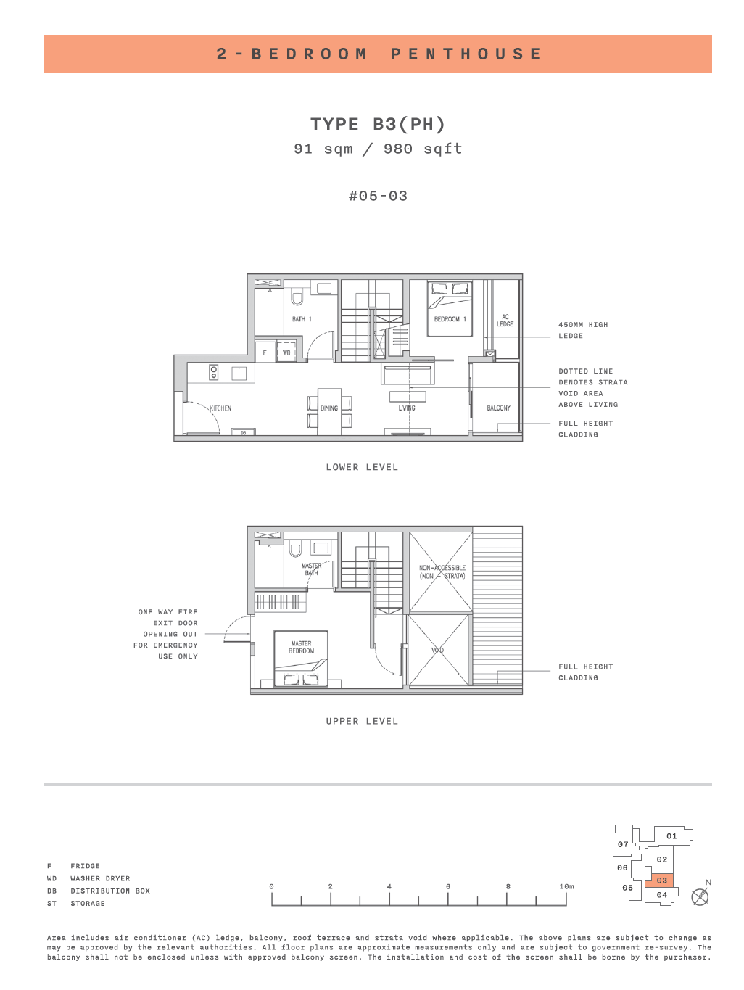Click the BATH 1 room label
pyautogui.click(x=302, y=319)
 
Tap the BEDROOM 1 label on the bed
pyautogui.click(x=450, y=319)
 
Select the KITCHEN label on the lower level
pyautogui.click(x=220, y=408)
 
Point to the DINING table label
pyautogui.click(x=329, y=408)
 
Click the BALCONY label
pyautogui.click(x=498, y=408)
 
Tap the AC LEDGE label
pyautogui.click(x=505, y=321)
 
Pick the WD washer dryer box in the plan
pyautogui.click(x=286, y=352)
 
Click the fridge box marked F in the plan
pyautogui.click(x=265, y=352)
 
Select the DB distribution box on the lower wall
pyautogui.click(x=243, y=432)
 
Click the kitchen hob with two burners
pyautogui.click(x=214, y=373)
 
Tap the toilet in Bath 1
pyautogui.click(x=297, y=297)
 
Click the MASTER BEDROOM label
pyautogui.click(x=301, y=647)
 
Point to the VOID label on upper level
pyautogui.click(x=437, y=650)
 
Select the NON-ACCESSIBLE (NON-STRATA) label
pyautogui.click(x=442, y=572)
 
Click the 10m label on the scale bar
pyautogui.click(x=566, y=886)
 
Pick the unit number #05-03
pyautogui.click(x=378, y=196)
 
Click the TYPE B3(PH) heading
pyautogui.click(x=378, y=124)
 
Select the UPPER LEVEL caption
pyautogui.click(x=362, y=721)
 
